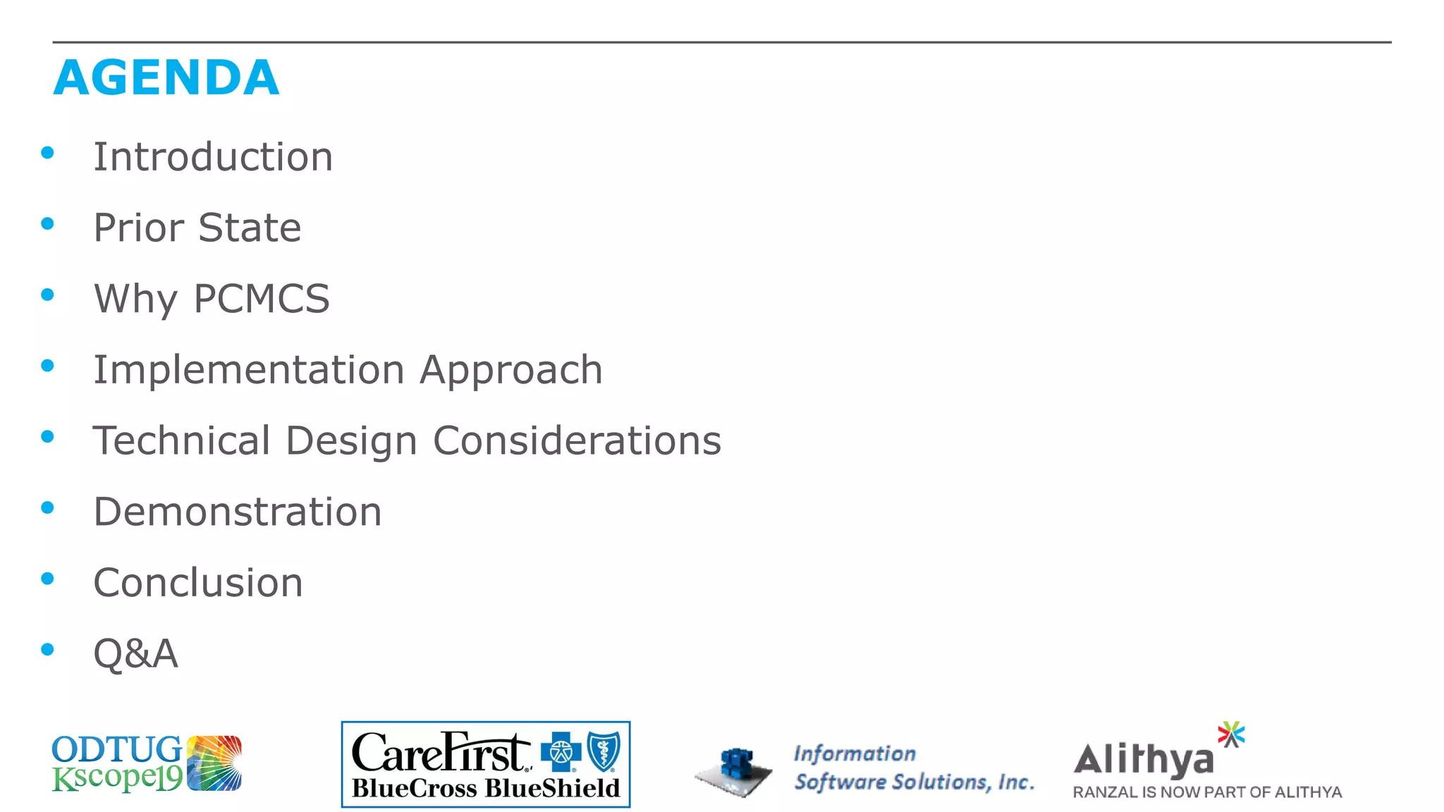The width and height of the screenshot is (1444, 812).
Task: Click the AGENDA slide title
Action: point(166,78)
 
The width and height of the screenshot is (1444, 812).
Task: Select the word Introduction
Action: point(213,156)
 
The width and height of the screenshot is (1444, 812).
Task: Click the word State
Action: point(250,228)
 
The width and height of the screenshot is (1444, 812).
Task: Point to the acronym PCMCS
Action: point(261,298)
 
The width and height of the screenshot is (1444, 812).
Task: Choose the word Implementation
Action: point(248,369)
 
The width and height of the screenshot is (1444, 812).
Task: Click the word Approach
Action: point(511,371)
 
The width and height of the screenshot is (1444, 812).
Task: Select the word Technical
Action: point(182,441)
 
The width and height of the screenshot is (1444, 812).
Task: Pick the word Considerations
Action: point(577,441)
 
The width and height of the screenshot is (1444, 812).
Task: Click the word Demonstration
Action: point(238,512)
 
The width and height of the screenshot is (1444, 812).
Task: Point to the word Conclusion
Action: point(198,583)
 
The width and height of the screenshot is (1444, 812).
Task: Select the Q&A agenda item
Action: point(135,653)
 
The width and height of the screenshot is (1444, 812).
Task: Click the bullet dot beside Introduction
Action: point(48,153)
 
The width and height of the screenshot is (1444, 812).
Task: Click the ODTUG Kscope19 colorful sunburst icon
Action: point(214,763)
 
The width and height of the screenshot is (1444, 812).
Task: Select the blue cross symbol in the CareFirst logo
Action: point(561,752)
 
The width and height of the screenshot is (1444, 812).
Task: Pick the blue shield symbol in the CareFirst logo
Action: point(604,751)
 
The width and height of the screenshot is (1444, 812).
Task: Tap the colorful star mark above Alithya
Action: point(1231,734)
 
